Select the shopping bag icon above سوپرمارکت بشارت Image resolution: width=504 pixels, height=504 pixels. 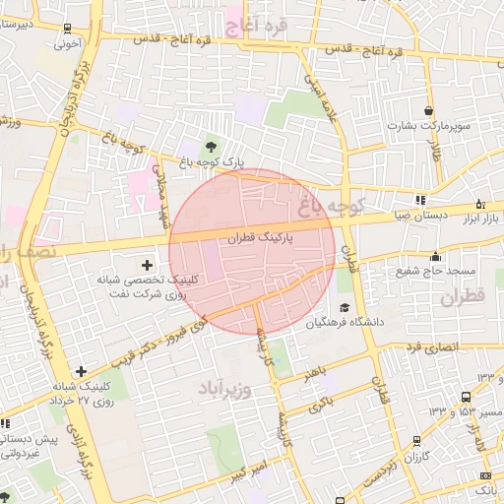428,109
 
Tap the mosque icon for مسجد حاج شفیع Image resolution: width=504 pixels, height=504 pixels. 435,257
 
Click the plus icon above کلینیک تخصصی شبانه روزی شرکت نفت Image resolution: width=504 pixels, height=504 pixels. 148,265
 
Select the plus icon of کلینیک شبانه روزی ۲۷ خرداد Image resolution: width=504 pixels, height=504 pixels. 81,371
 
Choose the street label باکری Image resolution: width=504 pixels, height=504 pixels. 321,404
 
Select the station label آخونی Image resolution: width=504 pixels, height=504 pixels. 67,43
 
